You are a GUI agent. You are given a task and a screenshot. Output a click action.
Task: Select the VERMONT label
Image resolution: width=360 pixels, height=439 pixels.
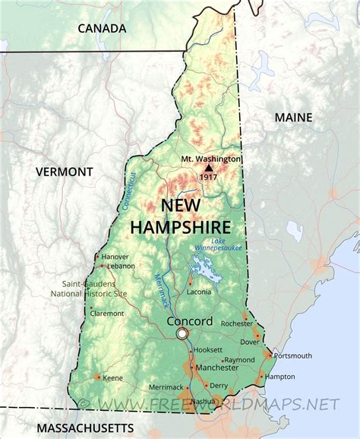[x=64, y=172]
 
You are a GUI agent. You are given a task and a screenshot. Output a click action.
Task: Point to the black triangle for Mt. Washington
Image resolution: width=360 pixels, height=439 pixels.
[x=209, y=168]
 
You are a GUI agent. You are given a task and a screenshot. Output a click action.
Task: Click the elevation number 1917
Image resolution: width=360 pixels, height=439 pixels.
[x=210, y=177]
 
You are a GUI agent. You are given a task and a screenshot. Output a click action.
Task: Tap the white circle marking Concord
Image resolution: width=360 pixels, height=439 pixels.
[x=182, y=334]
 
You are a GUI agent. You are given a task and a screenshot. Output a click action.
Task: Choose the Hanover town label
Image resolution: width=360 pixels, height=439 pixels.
[x=115, y=257]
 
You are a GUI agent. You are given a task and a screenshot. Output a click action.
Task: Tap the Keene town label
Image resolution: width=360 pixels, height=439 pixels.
[x=113, y=377]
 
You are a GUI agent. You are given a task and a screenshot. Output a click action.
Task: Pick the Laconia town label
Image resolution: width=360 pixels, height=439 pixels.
[x=199, y=291]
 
